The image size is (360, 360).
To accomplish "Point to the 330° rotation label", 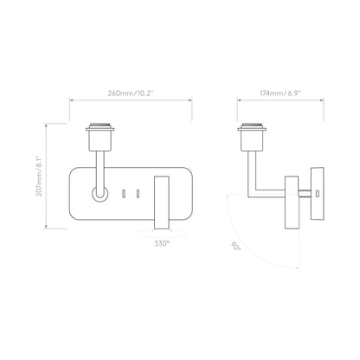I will coord(162,244).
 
